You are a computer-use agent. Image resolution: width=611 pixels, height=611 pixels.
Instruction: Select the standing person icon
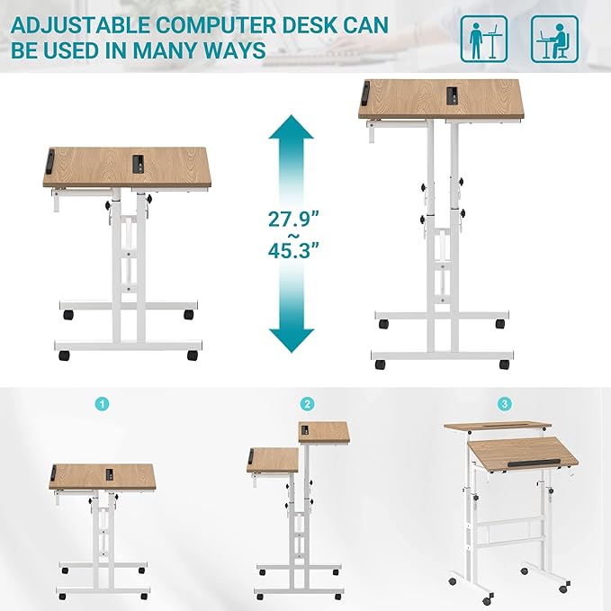click(483, 39)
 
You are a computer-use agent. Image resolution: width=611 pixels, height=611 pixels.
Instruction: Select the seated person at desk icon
click(553, 39)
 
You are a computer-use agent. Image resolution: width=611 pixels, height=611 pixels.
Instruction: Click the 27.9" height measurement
click(292, 219)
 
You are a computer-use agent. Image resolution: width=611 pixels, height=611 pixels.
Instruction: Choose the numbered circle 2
click(308, 404)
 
